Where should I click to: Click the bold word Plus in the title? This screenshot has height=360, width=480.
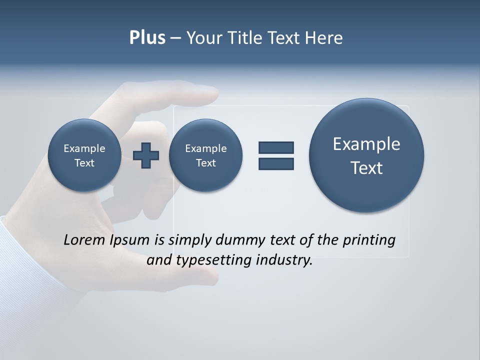[x=147, y=38]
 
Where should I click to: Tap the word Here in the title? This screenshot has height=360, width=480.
[x=323, y=38]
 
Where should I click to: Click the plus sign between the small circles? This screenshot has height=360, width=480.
[x=146, y=155]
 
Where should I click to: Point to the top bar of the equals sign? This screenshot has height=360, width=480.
[x=276, y=147]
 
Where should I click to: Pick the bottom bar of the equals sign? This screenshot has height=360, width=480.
[x=276, y=163]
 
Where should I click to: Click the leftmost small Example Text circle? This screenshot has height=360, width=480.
[x=84, y=155]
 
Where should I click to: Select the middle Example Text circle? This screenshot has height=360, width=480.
[x=205, y=155]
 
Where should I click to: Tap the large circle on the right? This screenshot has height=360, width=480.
[x=366, y=155]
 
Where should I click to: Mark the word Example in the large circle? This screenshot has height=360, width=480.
[x=366, y=144]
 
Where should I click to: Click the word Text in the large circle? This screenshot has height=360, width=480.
[x=366, y=168]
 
